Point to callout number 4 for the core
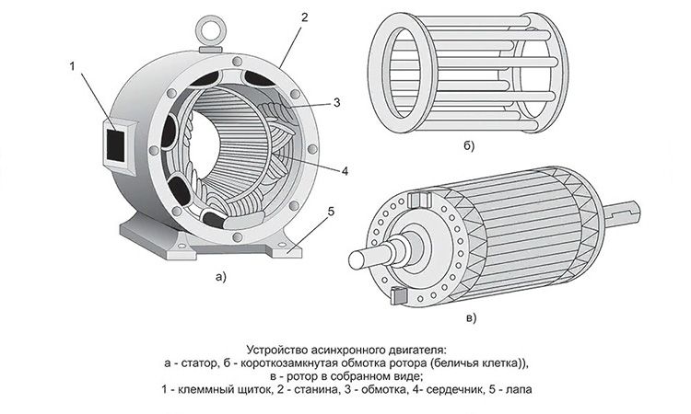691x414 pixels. coord(344,171)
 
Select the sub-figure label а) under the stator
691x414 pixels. coord(218,275)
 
